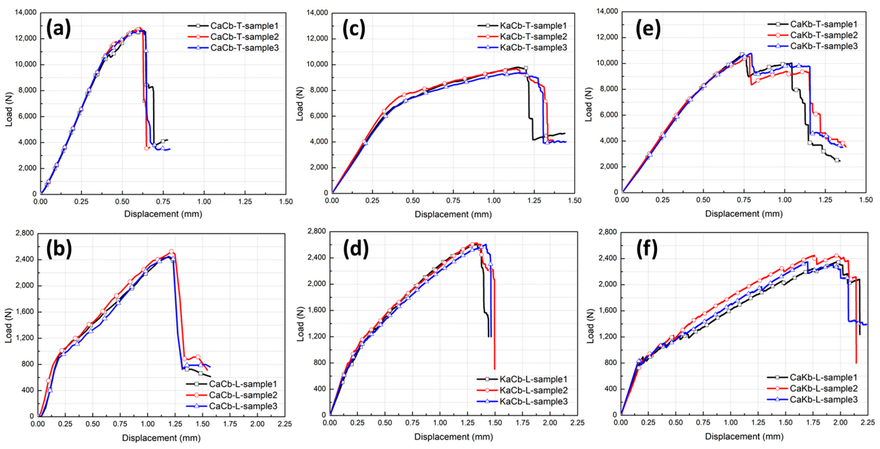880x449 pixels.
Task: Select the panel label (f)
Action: click(x=647, y=249)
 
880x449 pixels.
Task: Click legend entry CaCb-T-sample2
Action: click(x=244, y=37)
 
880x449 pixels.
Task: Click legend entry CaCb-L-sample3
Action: click(x=243, y=406)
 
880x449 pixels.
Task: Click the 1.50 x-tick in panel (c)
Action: click(x=575, y=201)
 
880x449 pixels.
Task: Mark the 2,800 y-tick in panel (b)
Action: click(x=25, y=233)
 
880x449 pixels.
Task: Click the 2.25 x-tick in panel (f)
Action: click(x=868, y=422)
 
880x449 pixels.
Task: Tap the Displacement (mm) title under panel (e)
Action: click(x=744, y=214)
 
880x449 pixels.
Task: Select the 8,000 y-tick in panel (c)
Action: click(x=317, y=90)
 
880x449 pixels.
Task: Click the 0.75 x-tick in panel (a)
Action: click(x=163, y=202)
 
